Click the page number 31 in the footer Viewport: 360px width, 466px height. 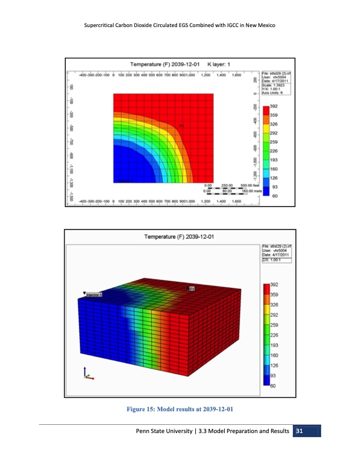tap(299, 433)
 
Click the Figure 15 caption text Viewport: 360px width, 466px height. tap(179, 410)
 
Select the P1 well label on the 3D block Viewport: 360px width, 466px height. tap(192, 289)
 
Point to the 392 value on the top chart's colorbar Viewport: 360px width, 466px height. tap(274, 106)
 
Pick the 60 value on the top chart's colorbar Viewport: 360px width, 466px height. tap(274, 196)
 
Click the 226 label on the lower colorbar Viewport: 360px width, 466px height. tap(274, 334)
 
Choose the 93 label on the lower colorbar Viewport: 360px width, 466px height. tap(273, 375)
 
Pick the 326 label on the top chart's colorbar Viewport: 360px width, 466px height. tap(274, 124)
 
